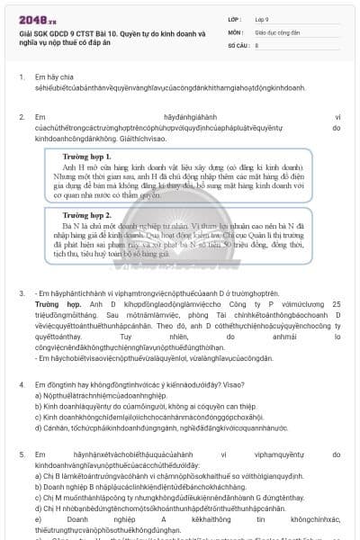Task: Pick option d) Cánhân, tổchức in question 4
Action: pyautogui.click(x=135, y=454)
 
